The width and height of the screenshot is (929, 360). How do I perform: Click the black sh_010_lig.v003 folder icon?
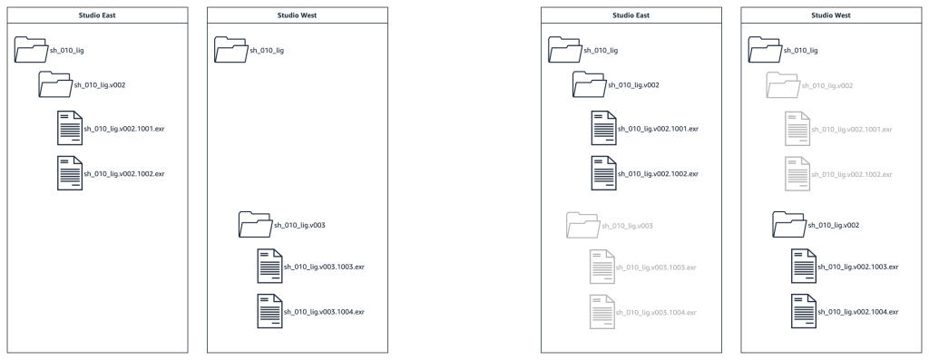point(253,223)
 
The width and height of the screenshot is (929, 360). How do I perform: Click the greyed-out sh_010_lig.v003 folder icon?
point(582,223)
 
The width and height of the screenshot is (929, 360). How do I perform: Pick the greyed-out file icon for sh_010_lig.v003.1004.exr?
point(604,312)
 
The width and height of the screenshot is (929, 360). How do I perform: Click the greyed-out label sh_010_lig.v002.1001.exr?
point(852,129)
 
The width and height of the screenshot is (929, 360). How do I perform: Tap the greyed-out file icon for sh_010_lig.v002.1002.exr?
point(797,172)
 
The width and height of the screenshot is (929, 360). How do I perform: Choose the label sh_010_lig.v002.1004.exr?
point(858,312)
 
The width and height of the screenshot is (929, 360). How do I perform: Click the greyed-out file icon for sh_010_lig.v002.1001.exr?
point(797,129)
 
